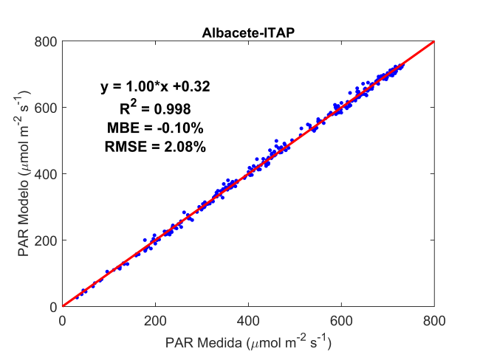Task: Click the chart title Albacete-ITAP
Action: coord(248,33)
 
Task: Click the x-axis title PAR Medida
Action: coord(248,343)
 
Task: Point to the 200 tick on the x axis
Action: coord(155,322)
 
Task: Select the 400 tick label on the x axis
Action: coord(248,322)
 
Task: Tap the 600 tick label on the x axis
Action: coord(341,322)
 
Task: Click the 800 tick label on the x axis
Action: coord(434,322)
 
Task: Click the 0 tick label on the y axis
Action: coord(52,307)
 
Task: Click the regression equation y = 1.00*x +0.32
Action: coord(155,87)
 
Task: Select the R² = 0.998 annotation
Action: coord(155,108)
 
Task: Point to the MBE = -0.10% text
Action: coord(155,128)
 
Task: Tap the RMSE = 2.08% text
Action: coord(155,147)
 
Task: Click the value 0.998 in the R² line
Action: coord(173,108)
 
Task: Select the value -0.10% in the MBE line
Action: coord(178,128)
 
